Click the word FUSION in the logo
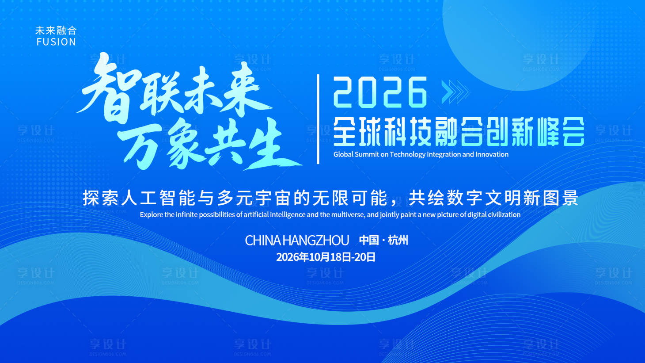point(56,42)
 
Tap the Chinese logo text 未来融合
point(56,31)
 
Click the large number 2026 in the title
point(380,92)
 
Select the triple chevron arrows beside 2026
point(455,92)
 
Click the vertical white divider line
point(318,119)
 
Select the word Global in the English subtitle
point(344,154)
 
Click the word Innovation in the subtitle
point(492,154)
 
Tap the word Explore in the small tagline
point(151,214)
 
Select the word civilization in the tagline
point(504,214)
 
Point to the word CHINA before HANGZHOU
point(263,241)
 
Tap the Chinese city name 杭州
point(398,241)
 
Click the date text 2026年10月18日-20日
point(326,257)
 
